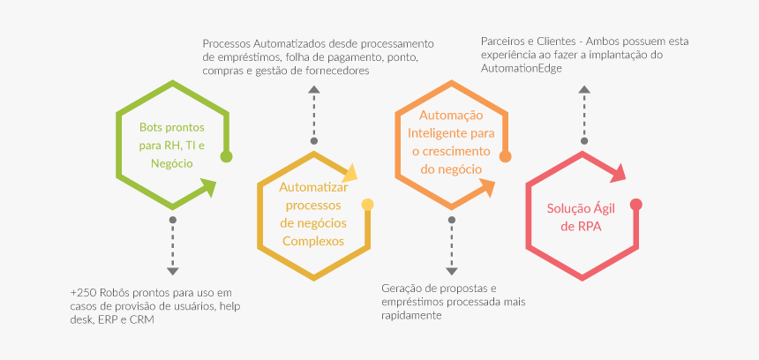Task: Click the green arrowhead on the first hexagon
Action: tap(208, 187)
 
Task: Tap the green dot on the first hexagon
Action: tap(226, 156)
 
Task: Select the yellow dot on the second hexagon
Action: tap(367, 204)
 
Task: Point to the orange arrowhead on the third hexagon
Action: tap(487, 187)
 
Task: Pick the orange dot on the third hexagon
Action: tap(505, 156)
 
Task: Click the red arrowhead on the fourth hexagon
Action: tap(618, 173)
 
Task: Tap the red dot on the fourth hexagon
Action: tap(636, 204)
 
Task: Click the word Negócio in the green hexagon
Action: tap(172, 164)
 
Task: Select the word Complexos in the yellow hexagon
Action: tap(313, 241)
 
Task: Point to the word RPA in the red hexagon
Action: tap(590, 226)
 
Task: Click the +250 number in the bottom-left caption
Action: tap(80, 293)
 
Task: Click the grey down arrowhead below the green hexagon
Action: tap(173, 272)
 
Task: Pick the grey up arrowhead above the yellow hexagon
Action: tap(314, 89)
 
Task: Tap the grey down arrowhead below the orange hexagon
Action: tap(452, 272)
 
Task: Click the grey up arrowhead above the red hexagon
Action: tap(584, 89)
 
